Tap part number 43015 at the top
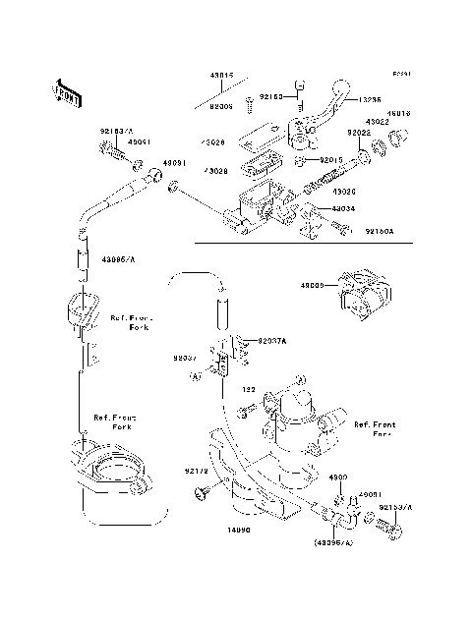(219, 76)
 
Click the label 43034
(344, 208)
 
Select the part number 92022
(359, 132)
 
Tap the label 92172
(197, 472)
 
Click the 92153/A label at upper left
(115, 128)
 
